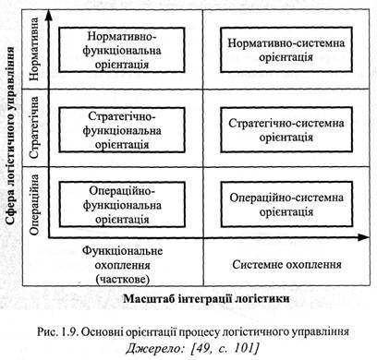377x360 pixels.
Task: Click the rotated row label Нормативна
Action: point(33,49)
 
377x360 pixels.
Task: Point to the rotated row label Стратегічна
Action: point(33,127)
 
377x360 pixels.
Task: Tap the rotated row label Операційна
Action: point(33,205)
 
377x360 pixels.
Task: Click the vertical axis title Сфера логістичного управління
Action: point(10,136)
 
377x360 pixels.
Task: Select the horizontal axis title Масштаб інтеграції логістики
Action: point(206,298)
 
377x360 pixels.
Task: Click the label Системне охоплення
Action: point(286,265)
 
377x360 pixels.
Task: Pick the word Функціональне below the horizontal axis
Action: point(122,251)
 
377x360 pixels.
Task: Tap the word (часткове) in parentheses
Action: point(122,280)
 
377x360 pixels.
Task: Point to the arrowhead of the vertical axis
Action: point(49,16)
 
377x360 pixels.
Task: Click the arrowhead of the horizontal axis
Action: point(364,237)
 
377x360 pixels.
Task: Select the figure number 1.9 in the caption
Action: point(70,332)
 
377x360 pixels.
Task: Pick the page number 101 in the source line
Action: point(244,348)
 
